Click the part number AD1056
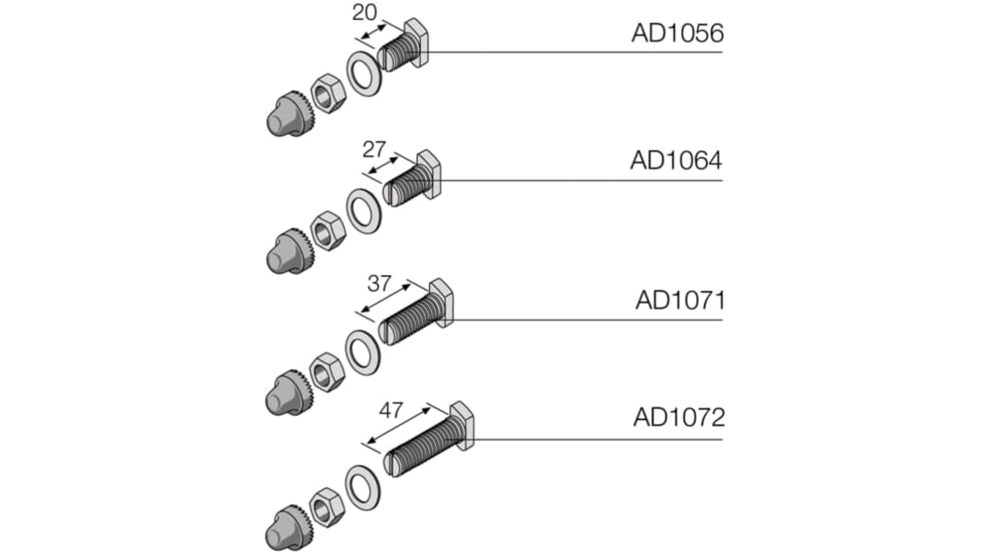(677, 34)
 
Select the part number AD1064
(676, 161)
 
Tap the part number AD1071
(680, 300)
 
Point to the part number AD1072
(678, 417)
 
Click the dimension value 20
(364, 13)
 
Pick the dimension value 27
(374, 149)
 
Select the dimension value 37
(379, 283)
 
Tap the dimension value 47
(390, 410)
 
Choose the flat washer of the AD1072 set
(363, 487)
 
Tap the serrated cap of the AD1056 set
(286, 114)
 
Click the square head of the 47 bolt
(463, 425)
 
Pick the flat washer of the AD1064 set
(364, 210)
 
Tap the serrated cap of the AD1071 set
(286, 393)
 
